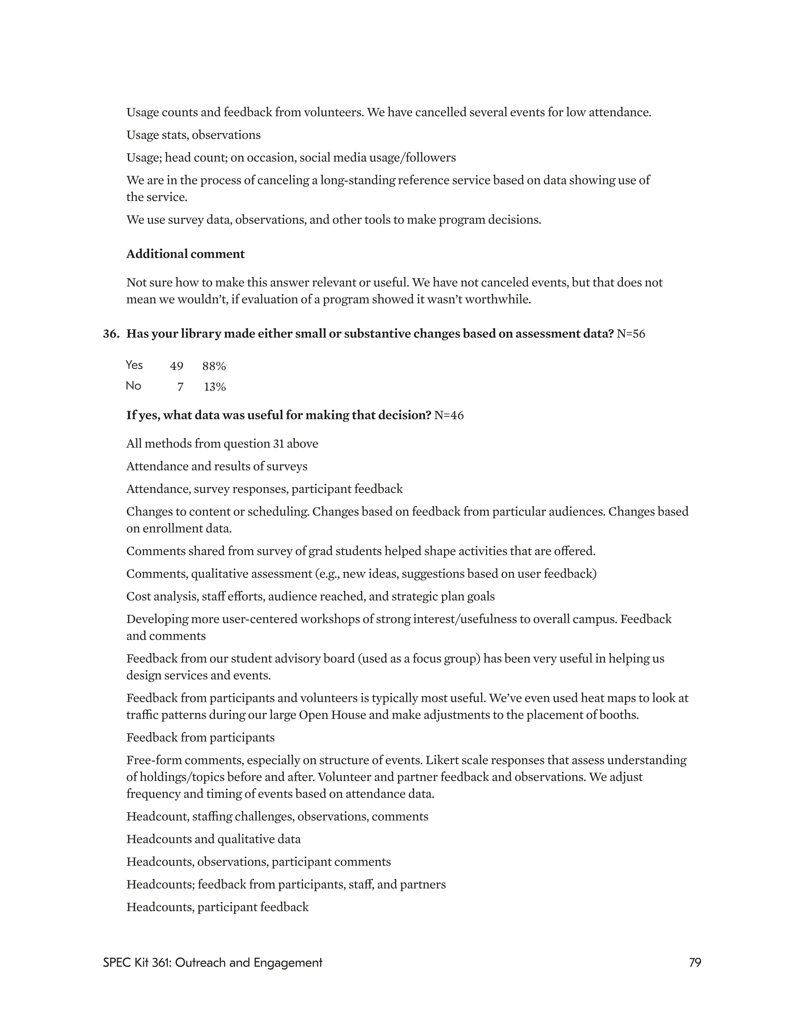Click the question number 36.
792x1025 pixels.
click(111, 334)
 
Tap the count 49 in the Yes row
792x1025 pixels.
click(177, 366)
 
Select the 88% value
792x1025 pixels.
click(214, 366)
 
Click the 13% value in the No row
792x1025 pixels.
click(215, 387)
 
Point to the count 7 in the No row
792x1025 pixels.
click(180, 387)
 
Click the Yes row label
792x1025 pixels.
click(134, 365)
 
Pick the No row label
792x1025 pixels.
click(133, 386)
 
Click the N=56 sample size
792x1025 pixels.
click(631, 334)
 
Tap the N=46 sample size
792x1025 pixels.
click(449, 416)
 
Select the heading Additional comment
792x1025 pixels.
click(186, 254)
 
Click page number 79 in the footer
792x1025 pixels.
click(695, 962)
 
